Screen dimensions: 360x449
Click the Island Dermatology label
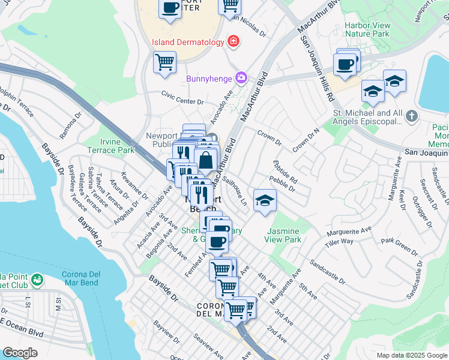187,42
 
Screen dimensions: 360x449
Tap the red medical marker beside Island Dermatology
233,41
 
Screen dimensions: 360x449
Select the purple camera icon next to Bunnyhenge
241,77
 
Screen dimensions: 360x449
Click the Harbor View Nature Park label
367,29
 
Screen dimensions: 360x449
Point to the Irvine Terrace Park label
111,146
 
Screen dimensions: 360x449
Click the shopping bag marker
206,161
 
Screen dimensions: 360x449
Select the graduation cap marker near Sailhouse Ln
264,200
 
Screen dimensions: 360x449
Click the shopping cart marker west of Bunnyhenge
164,62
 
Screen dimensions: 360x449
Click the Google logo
20,353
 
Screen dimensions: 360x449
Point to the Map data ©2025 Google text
412,355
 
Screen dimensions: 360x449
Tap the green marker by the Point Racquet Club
37,280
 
